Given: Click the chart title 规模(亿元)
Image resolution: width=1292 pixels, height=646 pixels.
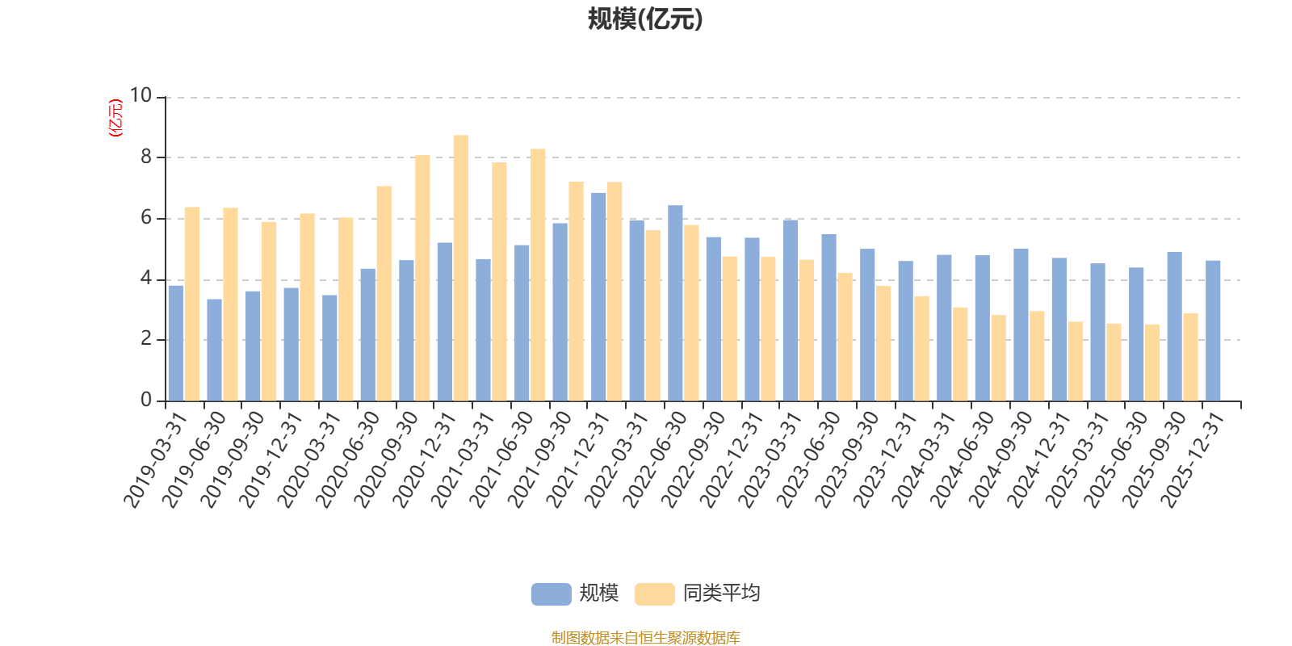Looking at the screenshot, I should click(x=645, y=19).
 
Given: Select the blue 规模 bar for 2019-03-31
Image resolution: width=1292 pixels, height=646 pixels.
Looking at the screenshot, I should click(x=175, y=343).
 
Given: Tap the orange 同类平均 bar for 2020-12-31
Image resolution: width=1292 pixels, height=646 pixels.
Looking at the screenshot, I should click(x=460, y=268).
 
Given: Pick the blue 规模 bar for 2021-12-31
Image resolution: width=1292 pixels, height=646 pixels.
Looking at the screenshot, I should click(x=598, y=296).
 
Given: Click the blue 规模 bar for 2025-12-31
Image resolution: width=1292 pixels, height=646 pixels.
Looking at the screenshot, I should click(x=1213, y=330).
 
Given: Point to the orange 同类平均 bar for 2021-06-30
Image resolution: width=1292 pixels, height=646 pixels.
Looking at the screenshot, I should click(x=538, y=275).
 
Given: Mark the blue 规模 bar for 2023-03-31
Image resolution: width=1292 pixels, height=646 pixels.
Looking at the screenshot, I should click(x=791, y=310).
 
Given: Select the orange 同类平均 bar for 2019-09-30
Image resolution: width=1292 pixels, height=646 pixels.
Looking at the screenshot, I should click(x=269, y=311).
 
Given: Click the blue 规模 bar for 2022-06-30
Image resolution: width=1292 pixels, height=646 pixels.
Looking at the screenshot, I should click(x=675, y=303).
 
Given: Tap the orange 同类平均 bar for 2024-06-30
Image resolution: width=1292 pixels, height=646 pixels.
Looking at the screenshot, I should click(x=998, y=358).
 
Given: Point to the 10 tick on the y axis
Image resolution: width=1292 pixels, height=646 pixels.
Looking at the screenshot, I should click(x=141, y=96).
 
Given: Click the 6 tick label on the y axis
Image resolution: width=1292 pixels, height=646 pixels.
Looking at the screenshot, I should click(x=146, y=218).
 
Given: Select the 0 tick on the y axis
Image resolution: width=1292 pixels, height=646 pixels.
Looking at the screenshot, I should click(x=146, y=401).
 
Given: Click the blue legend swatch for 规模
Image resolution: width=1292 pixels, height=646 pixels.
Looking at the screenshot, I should click(x=551, y=594).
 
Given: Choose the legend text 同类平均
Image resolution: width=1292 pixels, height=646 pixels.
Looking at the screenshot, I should click(x=721, y=594).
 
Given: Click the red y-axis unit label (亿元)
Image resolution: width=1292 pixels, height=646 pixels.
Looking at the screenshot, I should click(x=115, y=118).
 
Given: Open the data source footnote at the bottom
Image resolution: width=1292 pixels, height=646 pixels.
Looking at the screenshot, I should click(x=645, y=638).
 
